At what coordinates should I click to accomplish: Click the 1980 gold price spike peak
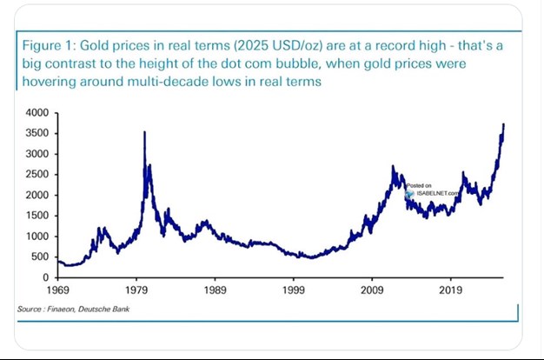point(144,132)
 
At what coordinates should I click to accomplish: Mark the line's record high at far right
point(503,124)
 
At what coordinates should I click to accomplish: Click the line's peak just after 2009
point(393,167)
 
